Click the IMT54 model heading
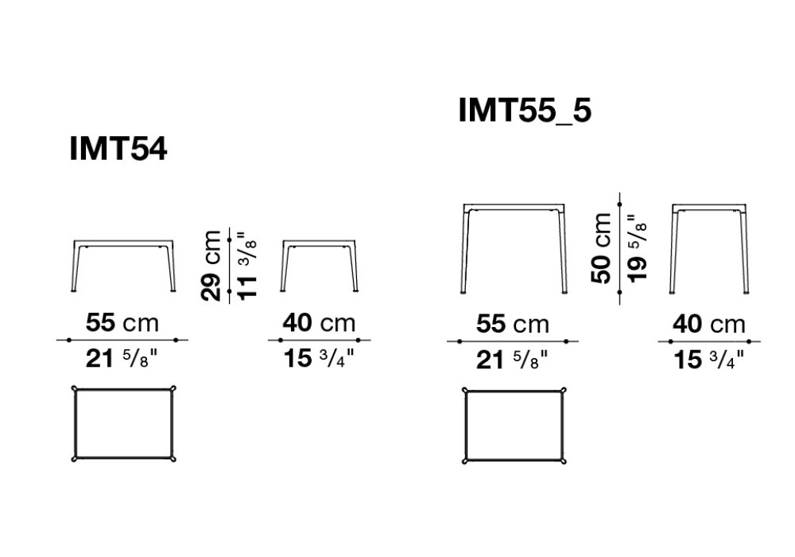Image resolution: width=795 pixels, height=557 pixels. tap(118, 149)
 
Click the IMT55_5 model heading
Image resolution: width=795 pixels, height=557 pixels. tap(525, 110)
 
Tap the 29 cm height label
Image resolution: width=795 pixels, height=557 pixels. tap(211, 265)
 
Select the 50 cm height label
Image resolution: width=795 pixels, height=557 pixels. tap(601, 247)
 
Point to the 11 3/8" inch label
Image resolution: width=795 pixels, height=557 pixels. tap(247, 266)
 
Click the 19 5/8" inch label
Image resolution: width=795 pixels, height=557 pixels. tap(638, 248)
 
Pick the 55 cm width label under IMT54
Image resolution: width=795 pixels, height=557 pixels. tap(122, 322)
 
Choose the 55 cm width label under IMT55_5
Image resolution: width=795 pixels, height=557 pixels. tap(513, 324)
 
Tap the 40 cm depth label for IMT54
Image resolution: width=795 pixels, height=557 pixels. tap(319, 322)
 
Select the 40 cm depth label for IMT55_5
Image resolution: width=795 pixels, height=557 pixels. tap(709, 324)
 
